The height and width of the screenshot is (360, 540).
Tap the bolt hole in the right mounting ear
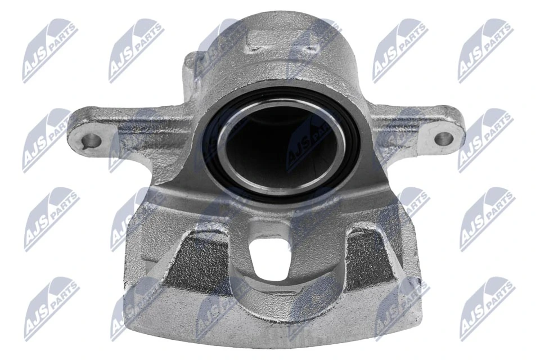pyautogui.click(x=444, y=137)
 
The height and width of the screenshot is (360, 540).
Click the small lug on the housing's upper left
pyautogui.click(x=194, y=63)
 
